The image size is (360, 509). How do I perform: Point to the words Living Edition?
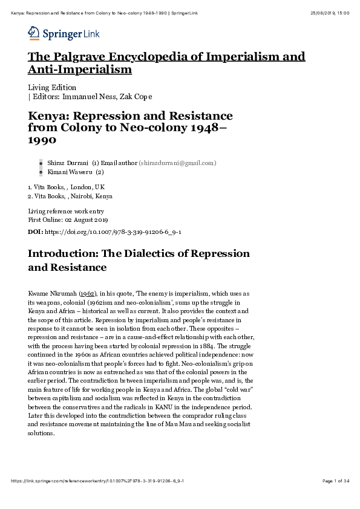(52, 88)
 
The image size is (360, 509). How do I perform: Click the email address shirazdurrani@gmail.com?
(177, 163)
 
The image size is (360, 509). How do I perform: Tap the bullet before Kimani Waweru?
(41, 172)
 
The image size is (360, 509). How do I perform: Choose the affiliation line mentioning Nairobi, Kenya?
(70, 196)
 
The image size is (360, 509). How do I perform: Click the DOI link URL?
(113, 232)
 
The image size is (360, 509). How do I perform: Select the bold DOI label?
(36, 232)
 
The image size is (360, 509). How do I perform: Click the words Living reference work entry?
(67, 211)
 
